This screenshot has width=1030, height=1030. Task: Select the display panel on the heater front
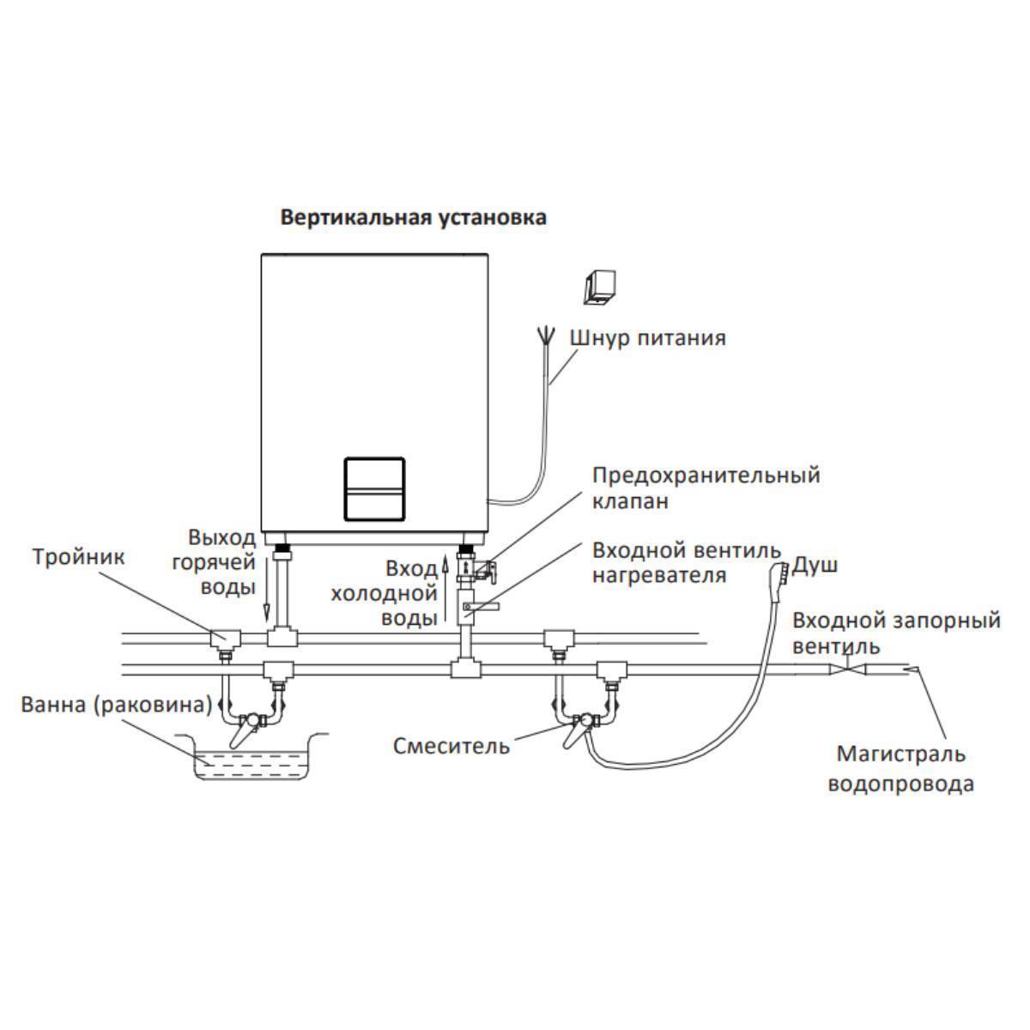click(373, 488)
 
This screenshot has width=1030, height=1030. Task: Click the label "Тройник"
click(79, 557)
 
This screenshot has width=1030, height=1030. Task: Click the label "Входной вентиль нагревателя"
click(687, 561)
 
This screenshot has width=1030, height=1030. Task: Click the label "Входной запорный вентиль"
click(896, 632)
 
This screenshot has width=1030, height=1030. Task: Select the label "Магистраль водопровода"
click(900, 768)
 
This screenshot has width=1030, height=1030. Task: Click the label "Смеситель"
click(451, 745)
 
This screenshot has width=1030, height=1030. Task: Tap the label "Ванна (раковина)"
click(117, 706)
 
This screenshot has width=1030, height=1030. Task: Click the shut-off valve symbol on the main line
click(846, 669)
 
